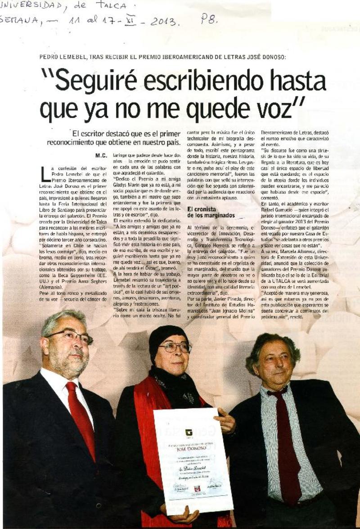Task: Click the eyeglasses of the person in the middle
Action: pos(175,348)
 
